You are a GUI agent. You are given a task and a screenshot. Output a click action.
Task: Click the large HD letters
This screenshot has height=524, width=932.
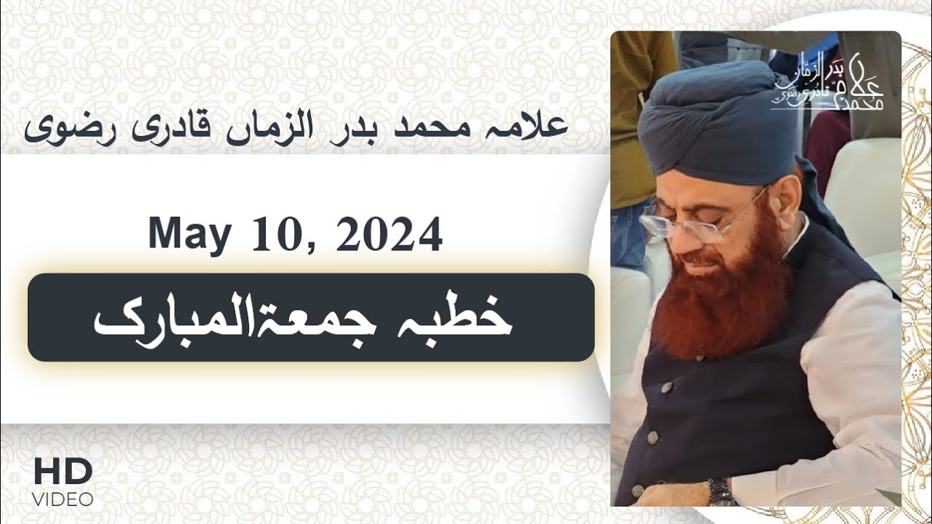63,472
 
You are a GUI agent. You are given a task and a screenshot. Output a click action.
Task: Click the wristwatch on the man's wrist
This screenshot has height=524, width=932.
720,491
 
